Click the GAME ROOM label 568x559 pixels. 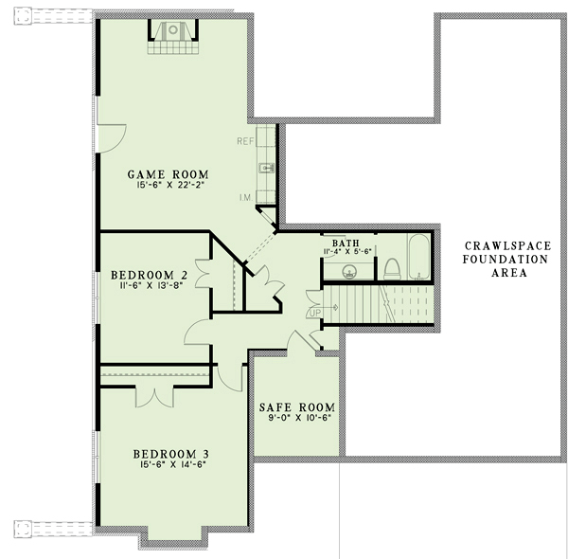pos(169,174)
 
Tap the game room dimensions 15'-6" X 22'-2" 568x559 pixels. pos(169,186)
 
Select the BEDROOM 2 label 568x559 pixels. pos(150,275)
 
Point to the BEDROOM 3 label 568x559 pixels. pos(171,454)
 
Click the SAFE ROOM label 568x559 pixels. pos(297,407)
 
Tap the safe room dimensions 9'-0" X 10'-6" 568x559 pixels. pos(300,418)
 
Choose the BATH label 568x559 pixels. pos(346,243)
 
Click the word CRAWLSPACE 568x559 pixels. pos(507,246)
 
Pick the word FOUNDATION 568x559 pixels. pos(506,260)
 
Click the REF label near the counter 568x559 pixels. pos(245,141)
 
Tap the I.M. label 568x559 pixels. pos(246,198)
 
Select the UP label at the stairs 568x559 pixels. pos(312,313)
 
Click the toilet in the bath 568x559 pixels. pos(392,269)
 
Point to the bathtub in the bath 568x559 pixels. pos(419,257)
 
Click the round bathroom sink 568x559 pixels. pos(349,271)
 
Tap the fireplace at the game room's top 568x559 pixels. pos(173,37)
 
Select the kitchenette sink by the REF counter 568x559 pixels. pos(266,168)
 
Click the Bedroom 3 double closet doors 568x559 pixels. pos(154,398)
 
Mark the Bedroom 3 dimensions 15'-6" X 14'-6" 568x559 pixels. pos(171,464)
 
